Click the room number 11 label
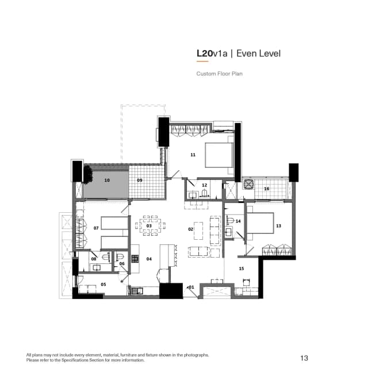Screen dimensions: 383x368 pyautogui.click(x=193, y=155)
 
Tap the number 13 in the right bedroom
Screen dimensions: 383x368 pyautogui.click(x=279, y=226)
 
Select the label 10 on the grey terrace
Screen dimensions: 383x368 pyautogui.click(x=107, y=180)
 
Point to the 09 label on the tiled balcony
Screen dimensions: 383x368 pyautogui.click(x=140, y=180)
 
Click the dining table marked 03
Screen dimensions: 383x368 pyautogui.click(x=149, y=226)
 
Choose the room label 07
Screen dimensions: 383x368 pyautogui.click(x=96, y=228)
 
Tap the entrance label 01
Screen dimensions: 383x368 pyautogui.click(x=191, y=286)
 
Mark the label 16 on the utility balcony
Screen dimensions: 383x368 pyautogui.click(x=267, y=189)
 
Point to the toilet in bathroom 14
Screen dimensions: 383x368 pyautogui.click(x=231, y=221)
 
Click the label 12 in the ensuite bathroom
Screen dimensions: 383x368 pyautogui.click(x=204, y=185)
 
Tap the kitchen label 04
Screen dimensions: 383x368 pyautogui.click(x=149, y=259)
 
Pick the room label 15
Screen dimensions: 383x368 pyautogui.click(x=241, y=268)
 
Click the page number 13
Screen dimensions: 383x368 pyautogui.click(x=304, y=358)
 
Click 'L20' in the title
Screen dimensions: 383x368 pyautogui.click(x=204, y=53)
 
